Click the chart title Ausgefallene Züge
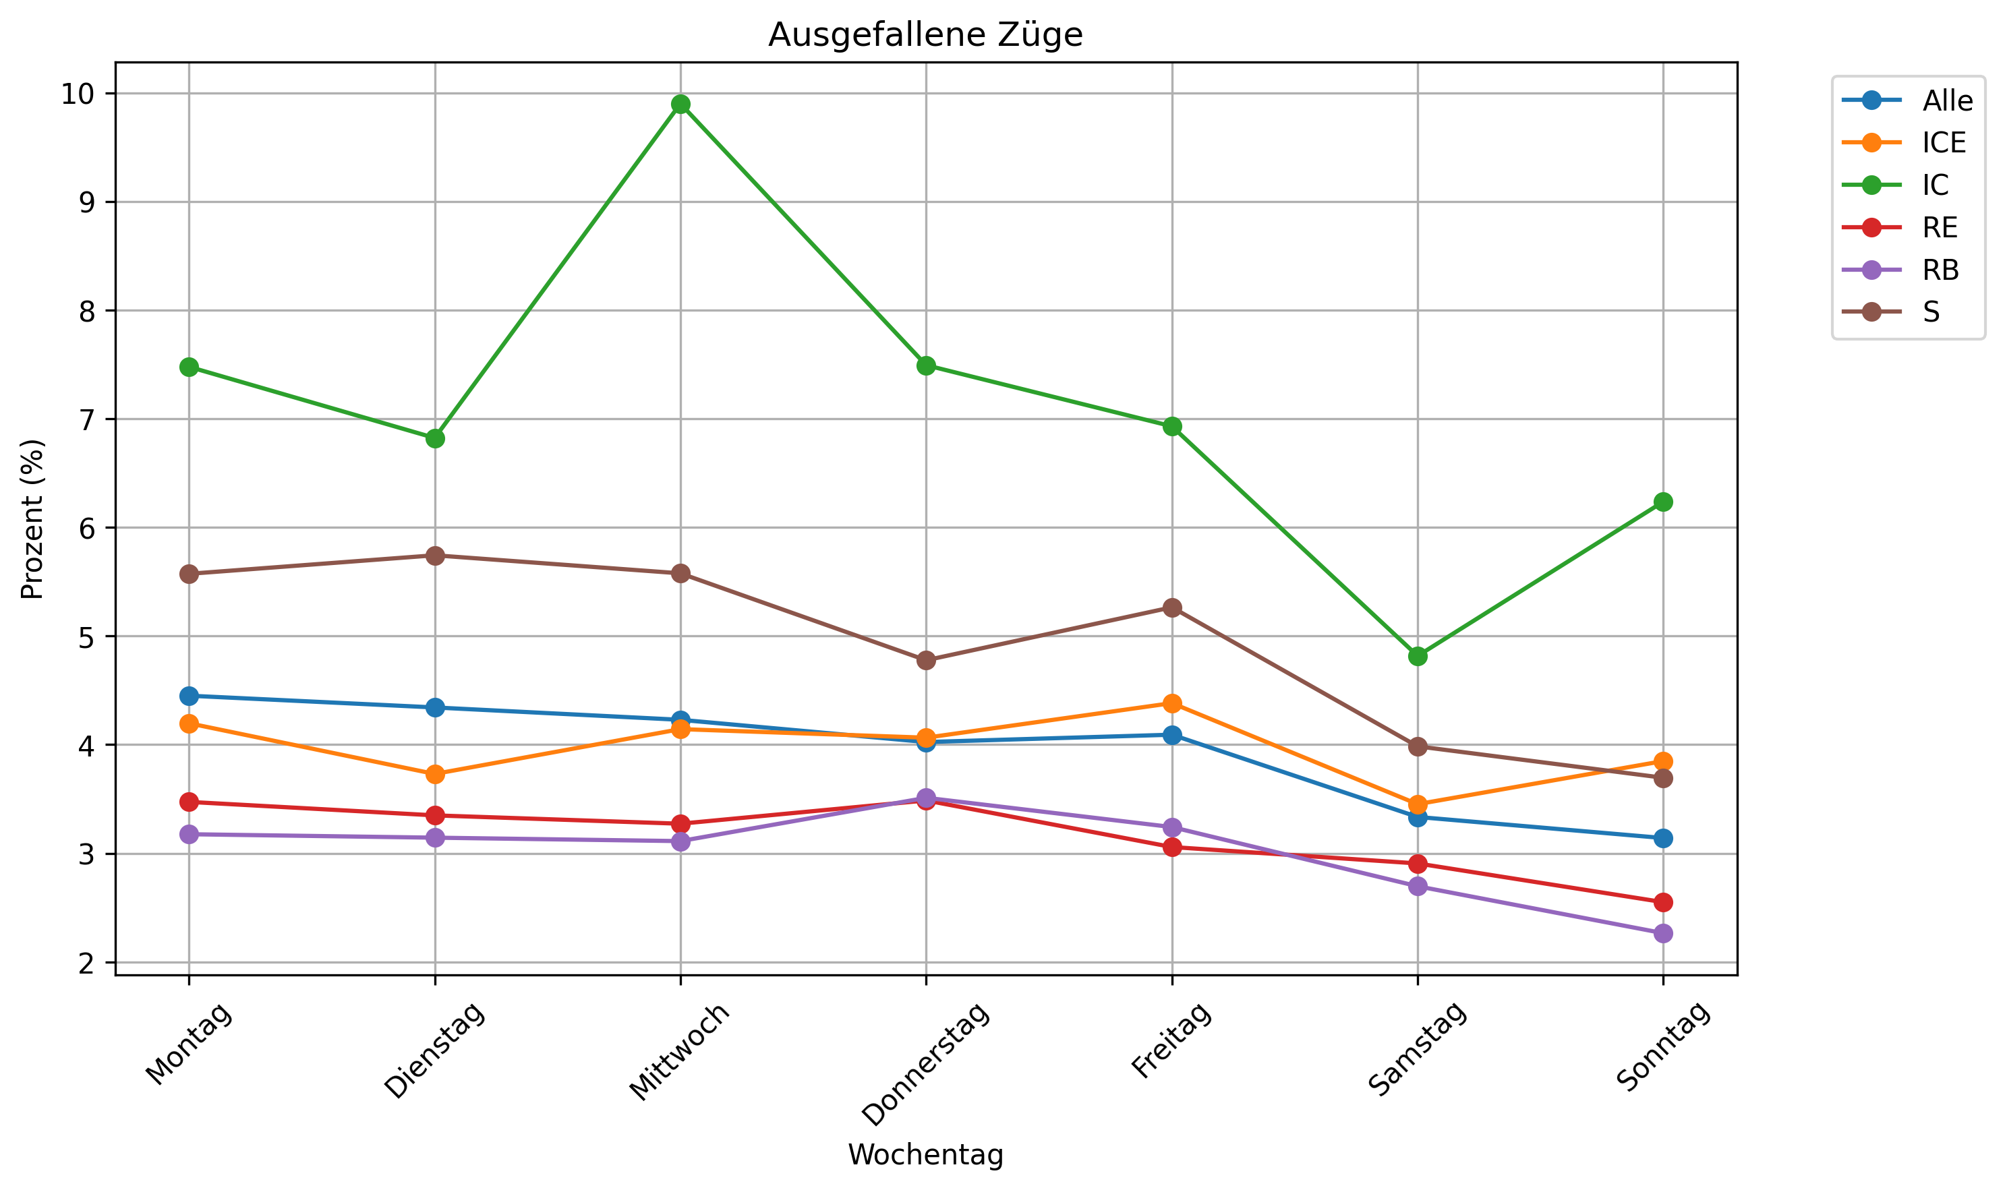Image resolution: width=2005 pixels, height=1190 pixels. tap(925, 35)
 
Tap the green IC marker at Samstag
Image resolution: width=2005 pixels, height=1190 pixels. tap(1417, 656)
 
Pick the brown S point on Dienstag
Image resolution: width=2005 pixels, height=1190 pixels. tap(435, 556)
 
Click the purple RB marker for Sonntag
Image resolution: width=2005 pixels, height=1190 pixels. tap(1662, 933)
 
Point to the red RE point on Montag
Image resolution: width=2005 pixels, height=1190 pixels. tap(190, 802)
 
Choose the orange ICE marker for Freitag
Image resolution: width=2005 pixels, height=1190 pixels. tap(1171, 703)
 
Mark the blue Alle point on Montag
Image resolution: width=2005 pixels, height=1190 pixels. tap(190, 695)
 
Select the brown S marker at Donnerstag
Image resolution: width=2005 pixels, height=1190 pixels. tap(925, 660)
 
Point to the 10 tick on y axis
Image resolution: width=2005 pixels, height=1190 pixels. tap(77, 94)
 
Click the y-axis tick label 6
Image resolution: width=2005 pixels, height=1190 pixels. tap(86, 528)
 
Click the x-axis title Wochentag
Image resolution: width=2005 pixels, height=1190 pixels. tap(925, 1155)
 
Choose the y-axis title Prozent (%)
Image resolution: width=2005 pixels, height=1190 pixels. tap(32, 519)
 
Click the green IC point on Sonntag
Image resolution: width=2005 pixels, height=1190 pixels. tap(1662, 502)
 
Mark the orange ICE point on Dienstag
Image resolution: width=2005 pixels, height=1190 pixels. tap(435, 774)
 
